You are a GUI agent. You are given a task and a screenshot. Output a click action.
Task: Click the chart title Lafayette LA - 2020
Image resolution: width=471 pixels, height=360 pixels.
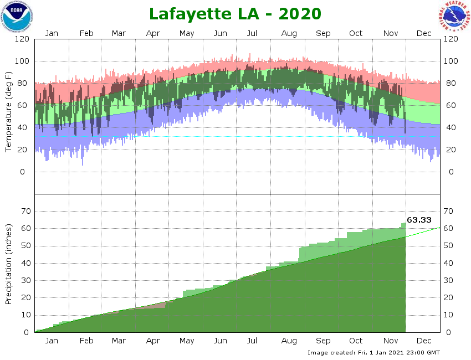[x=235, y=13]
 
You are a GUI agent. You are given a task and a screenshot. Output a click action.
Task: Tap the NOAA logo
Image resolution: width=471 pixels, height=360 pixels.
[x=17, y=17]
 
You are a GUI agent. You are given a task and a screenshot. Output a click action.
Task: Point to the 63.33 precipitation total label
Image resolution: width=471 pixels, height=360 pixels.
[x=419, y=220]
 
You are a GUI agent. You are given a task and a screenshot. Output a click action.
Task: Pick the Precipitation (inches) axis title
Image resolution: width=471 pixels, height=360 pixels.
[x=9, y=264]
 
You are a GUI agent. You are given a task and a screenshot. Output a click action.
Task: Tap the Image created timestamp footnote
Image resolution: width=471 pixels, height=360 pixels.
[x=373, y=352]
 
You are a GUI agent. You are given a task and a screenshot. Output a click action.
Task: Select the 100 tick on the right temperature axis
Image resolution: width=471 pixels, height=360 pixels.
[x=450, y=61]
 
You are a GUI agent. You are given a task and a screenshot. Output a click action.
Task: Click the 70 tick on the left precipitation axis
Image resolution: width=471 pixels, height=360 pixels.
[x=25, y=211]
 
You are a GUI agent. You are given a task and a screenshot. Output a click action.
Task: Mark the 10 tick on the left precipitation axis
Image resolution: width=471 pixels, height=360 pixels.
[x=25, y=315]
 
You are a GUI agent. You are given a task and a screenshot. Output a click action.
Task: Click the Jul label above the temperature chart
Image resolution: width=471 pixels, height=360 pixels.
[x=252, y=33]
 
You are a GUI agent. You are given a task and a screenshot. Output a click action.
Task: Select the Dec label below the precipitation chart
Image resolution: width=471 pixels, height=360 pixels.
[x=424, y=341]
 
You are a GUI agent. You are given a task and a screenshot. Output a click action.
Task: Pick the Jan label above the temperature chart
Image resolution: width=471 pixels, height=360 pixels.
[x=52, y=33]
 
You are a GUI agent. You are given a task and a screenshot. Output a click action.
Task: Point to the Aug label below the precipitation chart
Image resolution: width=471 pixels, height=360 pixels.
[x=289, y=341]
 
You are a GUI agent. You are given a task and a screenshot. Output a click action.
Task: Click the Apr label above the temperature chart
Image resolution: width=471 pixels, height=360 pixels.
[x=153, y=33]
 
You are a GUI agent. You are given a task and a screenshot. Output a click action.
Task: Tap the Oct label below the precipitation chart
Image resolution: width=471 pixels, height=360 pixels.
[x=356, y=341]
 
